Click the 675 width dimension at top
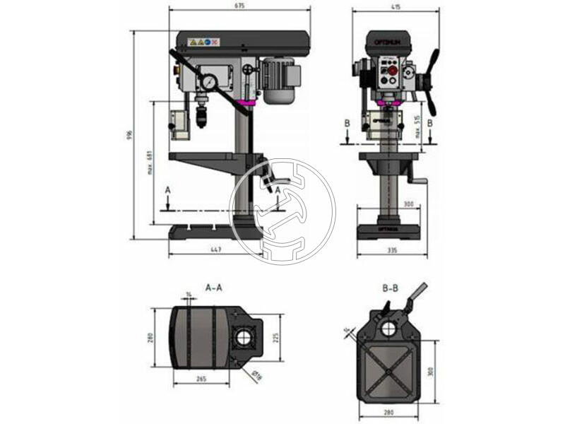[x=239, y=6]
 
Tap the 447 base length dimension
[x=215, y=250]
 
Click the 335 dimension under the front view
[x=393, y=250]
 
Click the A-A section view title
[x=214, y=288]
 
